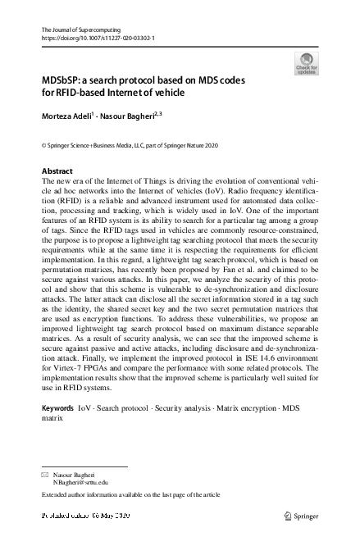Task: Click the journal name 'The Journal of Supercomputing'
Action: click(x=80, y=30)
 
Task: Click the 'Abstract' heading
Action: click(x=57, y=171)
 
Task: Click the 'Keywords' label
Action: click(x=57, y=407)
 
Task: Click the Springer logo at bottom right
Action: click(x=300, y=516)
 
